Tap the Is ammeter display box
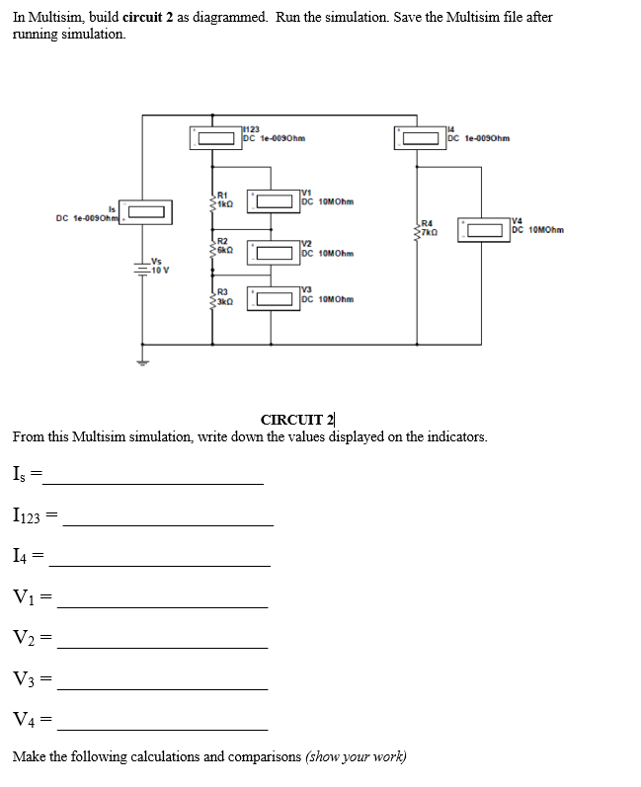143,211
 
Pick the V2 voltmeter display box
274,251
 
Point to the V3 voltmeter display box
274,296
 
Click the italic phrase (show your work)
356,756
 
